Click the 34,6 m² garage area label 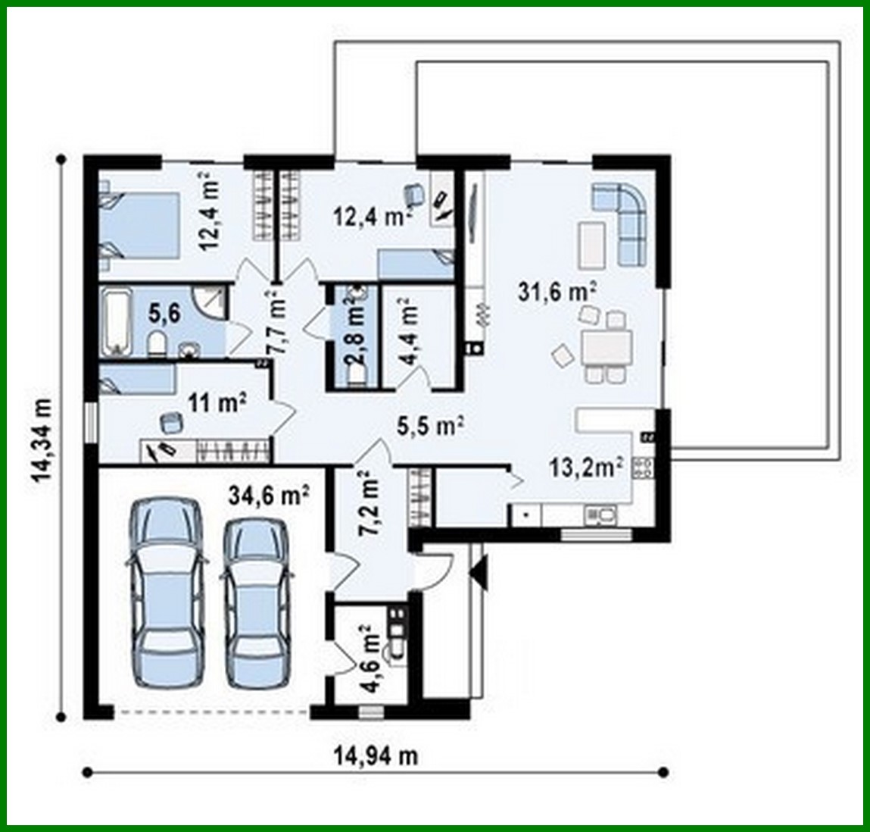[x=268, y=496]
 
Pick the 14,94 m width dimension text [x=376, y=755]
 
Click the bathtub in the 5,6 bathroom [x=116, y=320]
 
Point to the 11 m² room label [x=217, y=403]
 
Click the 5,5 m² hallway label [x=430, y=427]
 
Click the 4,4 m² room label [x=409, y=332]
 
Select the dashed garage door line [x=212, y=712]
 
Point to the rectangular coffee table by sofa [x=592, y=244]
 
